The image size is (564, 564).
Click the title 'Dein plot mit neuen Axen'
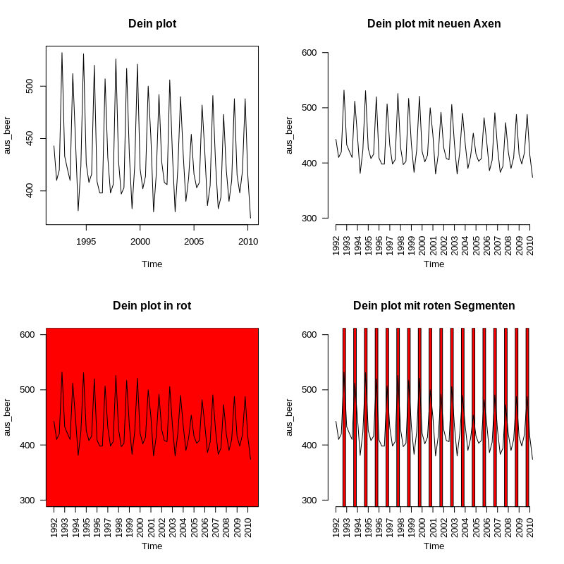tap(434, 24)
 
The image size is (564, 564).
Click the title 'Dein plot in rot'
tap(152, 306)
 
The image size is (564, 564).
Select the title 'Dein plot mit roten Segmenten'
tap(434, 306)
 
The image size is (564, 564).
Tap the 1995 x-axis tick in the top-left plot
tap(86, 241)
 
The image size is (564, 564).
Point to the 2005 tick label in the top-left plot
tap(194, 241)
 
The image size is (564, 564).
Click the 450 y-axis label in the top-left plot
tap(29, 139)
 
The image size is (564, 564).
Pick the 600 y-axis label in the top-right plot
tap(311, 53)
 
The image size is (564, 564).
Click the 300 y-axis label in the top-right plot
tap(311, 218)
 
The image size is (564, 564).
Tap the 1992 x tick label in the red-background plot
tap(54, 526)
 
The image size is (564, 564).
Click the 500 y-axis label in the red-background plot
tap(29, 390)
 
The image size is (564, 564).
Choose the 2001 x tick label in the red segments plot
tap(433, 526)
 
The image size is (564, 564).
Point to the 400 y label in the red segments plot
tap(311, 445)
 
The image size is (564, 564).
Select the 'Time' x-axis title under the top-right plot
tap(434, 264)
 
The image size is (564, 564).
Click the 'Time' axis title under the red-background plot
tap(152, 546)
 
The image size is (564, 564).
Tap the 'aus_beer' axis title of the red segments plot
tap(290, 417)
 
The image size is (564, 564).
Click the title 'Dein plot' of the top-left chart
tap(152, 24)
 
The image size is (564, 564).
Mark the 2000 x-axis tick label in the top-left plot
tap(140, 241)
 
